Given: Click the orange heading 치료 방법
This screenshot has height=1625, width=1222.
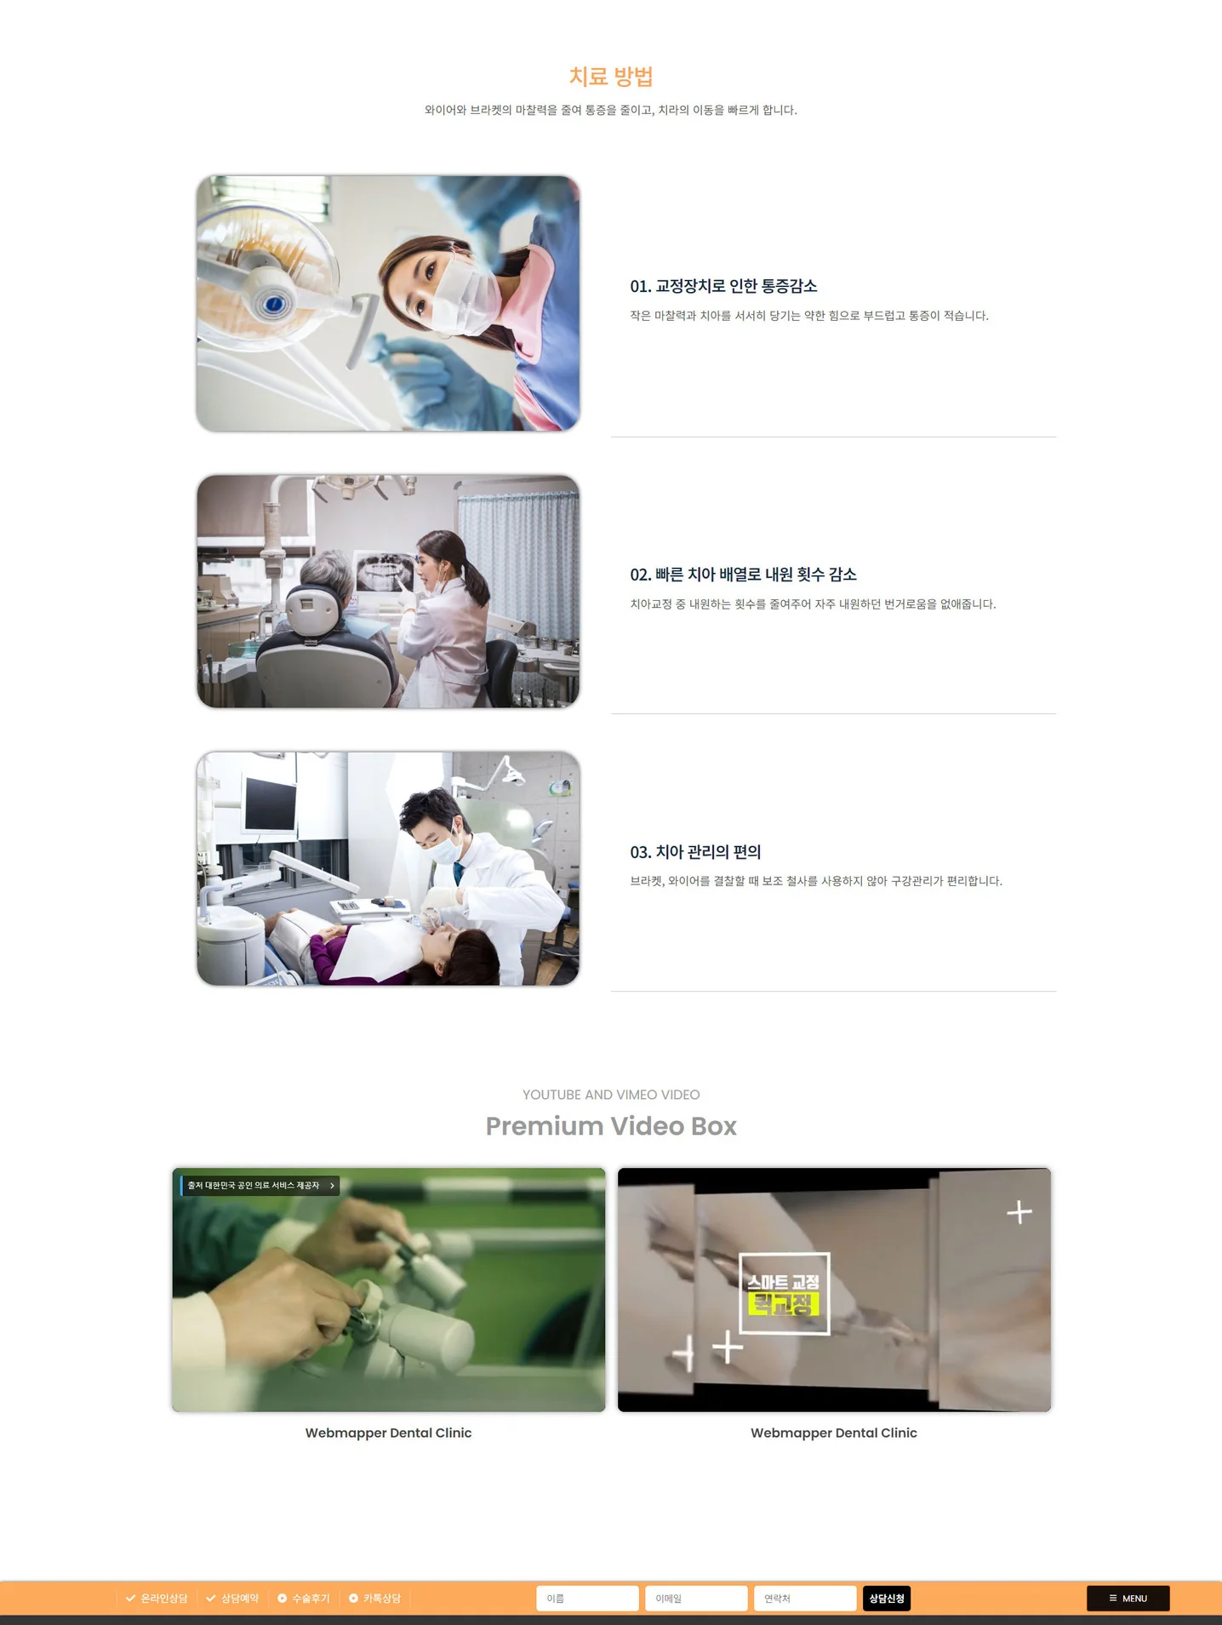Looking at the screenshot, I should click(x=610, y=77).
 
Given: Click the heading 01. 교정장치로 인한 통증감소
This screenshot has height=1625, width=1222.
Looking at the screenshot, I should click(x=723, y=286).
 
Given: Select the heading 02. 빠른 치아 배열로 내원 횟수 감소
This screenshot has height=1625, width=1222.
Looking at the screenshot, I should click(x=743, y=575).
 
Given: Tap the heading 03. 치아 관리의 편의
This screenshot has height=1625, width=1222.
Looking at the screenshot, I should click(x=695, y=852).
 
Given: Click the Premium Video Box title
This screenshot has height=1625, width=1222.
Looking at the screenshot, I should click(x=611, y=1126).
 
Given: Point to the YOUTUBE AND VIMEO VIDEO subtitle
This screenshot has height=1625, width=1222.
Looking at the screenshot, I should click(x=611, y=1095).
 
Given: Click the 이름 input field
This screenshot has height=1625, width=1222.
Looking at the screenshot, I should click(x=587, y=1599).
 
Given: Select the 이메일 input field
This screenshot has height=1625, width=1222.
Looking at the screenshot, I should click(x=696, y=1599).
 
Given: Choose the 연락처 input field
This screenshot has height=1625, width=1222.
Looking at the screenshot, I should click(x=804, y=1599).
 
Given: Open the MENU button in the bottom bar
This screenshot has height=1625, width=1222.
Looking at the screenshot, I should click(x=1128, y=1599).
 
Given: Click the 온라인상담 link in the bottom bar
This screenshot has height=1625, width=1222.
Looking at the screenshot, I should click(x=157, y=1599).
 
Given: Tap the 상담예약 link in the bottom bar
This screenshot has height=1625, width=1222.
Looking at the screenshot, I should click(x=233, y=1599).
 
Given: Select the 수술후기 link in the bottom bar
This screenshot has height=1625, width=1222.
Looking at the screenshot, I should click(x=305, y=1599).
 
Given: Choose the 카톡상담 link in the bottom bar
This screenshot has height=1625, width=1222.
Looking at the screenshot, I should click(x=375, y=1599).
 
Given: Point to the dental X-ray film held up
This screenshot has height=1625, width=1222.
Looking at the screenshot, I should click(x=385, y=571).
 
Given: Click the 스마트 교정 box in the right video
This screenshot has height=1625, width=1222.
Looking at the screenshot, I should click(x=784, y=1293).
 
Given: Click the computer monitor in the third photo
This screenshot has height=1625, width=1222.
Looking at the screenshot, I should click(x=270, y=804).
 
